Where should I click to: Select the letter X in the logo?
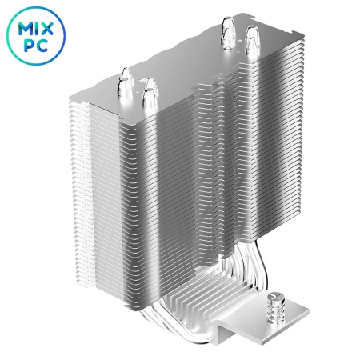pyautogui.click(x=47, y=29)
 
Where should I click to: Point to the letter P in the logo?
pyautogui.click(x=29, y=46)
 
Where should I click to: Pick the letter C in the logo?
pyautogui.click(x=42, y=46)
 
